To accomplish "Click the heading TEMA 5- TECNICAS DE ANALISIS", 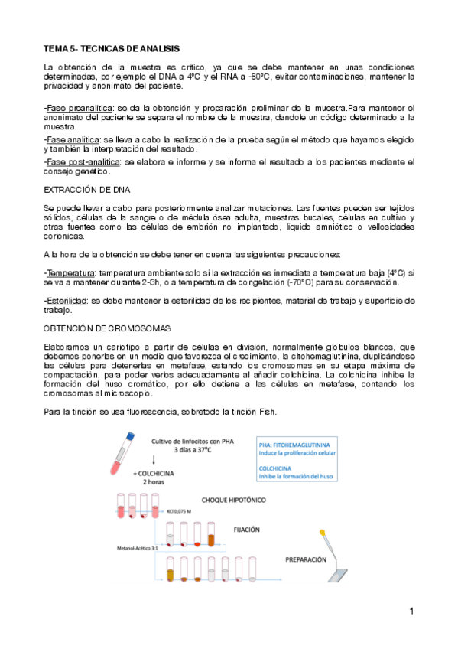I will click(x=111, y=48).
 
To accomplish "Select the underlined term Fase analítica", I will click(x=72, y=141).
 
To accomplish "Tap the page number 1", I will click(x=411, y=611).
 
